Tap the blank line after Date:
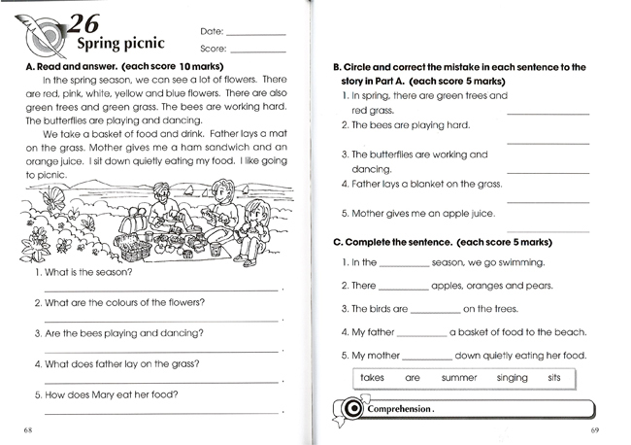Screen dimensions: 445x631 click(x=253, y=33)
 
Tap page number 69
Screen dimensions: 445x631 click(x=595, y=429)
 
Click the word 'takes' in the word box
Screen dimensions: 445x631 click(x=373, y=377)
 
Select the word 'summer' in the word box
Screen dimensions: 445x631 click(x=459, y=377)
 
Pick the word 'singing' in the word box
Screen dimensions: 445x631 click(x=512, y=377)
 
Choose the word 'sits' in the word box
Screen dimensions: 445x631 click(x=555, y=377)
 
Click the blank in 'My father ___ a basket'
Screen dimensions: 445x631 click(x=424, y=333)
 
